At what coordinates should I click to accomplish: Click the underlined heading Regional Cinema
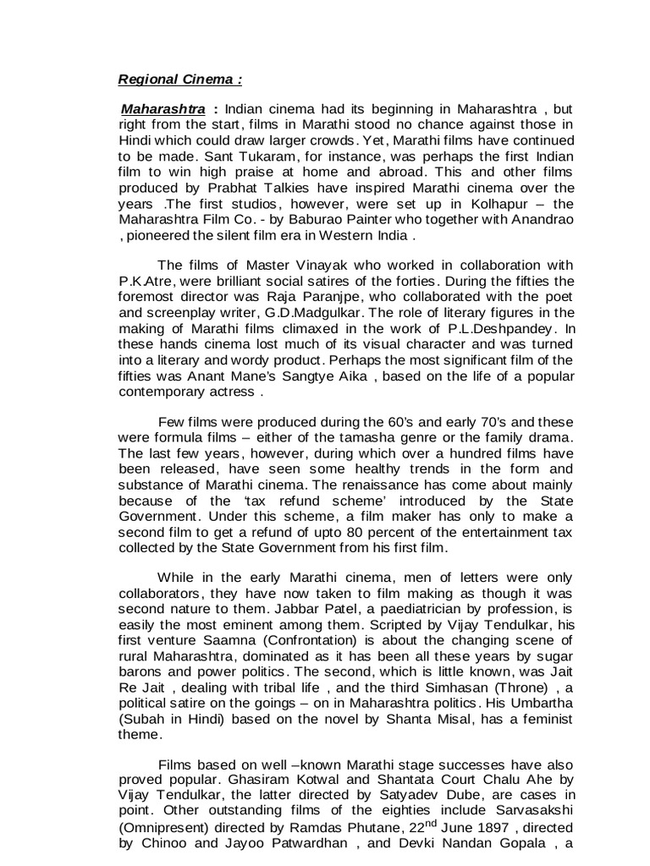[179, 80]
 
